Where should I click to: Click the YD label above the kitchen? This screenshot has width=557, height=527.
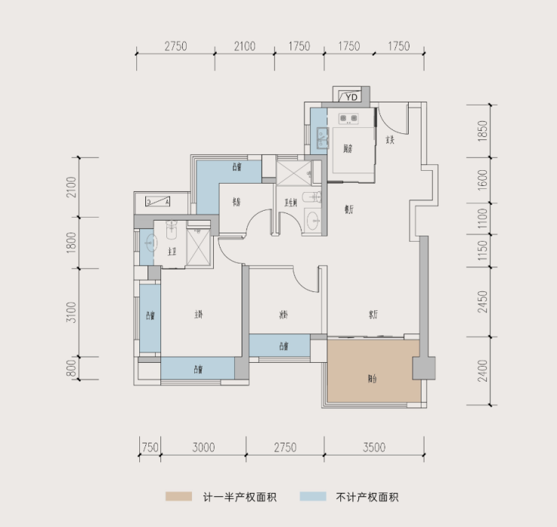tap(351, 96)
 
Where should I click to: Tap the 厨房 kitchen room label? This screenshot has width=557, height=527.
tap(348, 148)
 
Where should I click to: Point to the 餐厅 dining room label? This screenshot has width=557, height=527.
tap(349, 211)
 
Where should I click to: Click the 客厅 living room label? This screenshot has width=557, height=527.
tap(373, 314)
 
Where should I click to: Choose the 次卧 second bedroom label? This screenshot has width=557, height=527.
tap(284, 315)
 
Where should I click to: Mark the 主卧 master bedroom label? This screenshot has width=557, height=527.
tap(199, 315)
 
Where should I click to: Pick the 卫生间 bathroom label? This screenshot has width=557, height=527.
tap(290, 202)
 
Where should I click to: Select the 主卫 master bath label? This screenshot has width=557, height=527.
tap(172, 251)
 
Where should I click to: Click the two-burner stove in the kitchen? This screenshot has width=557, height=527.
tap(348, 117)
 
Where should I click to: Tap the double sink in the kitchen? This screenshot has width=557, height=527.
tap(322, 138)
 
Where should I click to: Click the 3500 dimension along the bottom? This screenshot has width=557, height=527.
tap(373, 447)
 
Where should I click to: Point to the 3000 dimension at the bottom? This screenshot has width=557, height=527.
tap(203, 447)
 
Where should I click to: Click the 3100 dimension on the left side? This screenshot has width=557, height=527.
tap(70, 312)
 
